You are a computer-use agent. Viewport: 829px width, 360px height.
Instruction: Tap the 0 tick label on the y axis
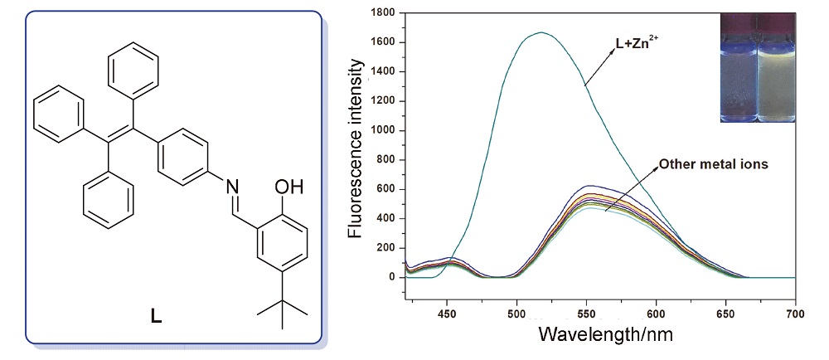tap(394, 277)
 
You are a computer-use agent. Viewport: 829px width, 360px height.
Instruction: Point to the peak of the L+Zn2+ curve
tap(541, 32)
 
